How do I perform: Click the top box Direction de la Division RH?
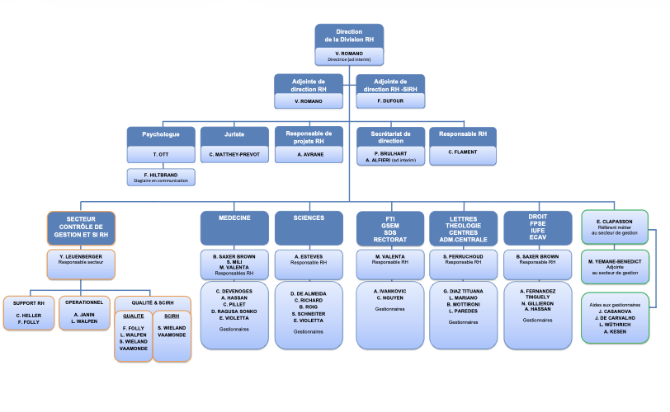click(349, 35)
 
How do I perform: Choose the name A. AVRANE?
click(309, 154)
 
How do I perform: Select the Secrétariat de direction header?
click(389, 137)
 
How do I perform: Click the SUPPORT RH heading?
click(30, 302)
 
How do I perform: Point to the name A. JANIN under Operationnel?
click(85, 314)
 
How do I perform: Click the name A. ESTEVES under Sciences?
click(308, 255)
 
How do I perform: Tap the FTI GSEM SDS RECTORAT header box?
click(389, 229)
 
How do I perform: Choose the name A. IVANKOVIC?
click(389, 291)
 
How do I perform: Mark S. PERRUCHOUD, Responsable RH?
click(462, 255)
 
